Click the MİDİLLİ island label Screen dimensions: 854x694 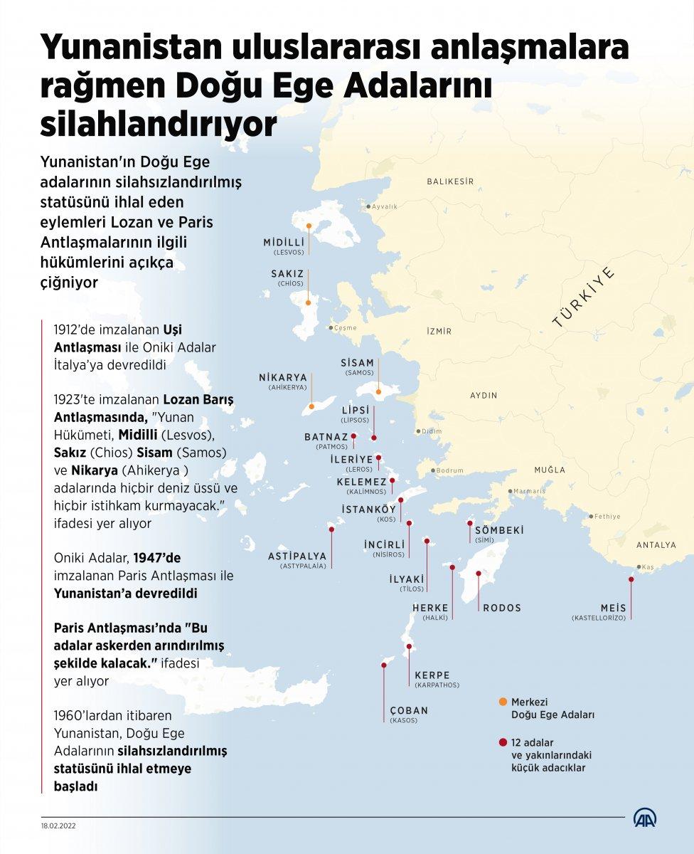284,242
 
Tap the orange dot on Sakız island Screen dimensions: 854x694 308,302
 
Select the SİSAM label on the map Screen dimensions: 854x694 357,362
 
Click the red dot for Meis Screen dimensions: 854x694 631,579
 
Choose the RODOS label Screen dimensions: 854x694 502,608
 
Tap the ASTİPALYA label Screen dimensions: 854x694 297,556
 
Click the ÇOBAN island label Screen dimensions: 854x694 409,710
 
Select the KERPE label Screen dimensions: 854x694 432,675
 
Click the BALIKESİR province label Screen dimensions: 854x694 449,182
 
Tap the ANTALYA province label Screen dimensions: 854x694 656,545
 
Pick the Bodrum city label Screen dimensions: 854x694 449,470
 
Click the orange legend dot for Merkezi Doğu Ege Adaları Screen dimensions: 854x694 503,702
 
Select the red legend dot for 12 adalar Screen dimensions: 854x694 503,742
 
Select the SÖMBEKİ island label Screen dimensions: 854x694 499,530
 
